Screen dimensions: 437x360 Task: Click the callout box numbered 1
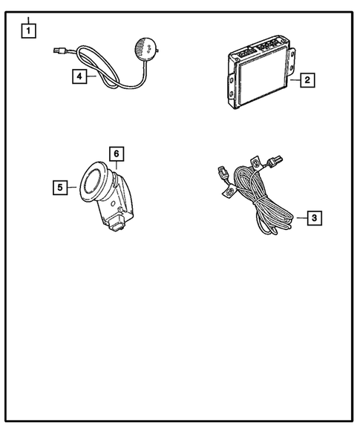(x=28, y=30)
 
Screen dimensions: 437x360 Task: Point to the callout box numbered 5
(x=59, y=188)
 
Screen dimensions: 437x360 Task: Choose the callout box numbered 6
(x=116, y=154)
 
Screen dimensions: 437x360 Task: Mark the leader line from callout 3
(x=300, y=217)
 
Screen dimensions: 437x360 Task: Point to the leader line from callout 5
(x=72, y=188)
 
